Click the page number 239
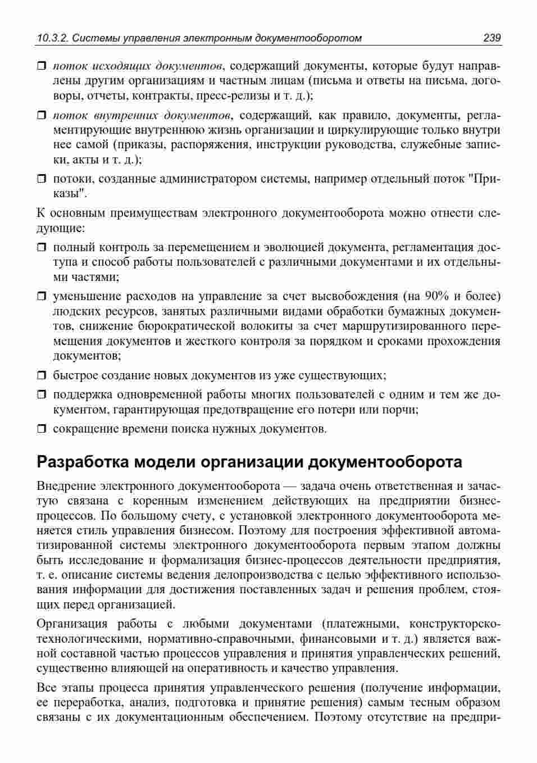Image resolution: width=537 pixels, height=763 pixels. tap(492, 38)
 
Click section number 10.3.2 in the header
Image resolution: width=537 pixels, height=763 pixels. tap(52, 38)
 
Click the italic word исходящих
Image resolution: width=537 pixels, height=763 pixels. tap(121, 65)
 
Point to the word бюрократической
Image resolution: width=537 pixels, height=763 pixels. tap(185, 326)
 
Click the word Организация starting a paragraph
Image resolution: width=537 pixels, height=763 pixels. tap(71, 624)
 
